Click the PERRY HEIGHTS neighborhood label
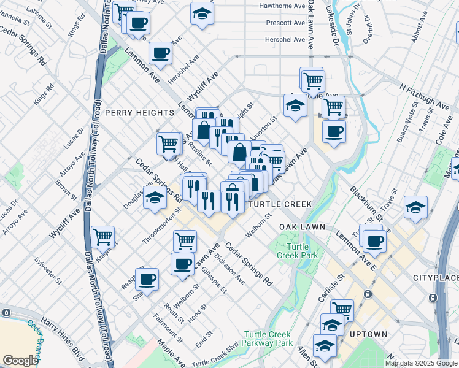click(139, 113)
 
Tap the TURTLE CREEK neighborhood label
click(280, 204)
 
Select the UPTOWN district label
click(368, 334)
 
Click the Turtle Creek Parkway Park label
click(268, 339)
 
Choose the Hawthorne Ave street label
click(282, 6)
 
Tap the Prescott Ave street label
click(285, 23)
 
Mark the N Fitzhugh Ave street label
click(425, 96)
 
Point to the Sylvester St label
click(50, 270)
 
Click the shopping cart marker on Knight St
click(103, 236)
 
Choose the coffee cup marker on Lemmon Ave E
click(374, 240)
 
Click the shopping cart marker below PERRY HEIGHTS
click(168, 144)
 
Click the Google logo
click(21, 361)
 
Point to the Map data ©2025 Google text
click(420, 363)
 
